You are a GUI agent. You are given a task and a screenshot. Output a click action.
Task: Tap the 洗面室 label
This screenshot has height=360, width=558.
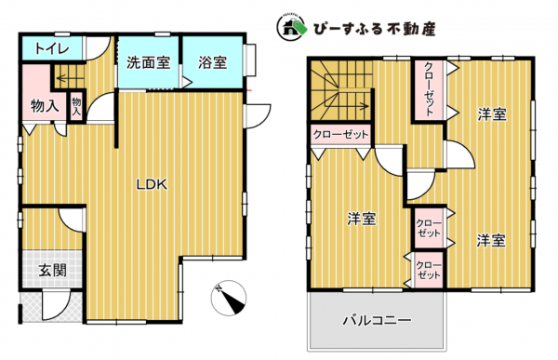(148, 63)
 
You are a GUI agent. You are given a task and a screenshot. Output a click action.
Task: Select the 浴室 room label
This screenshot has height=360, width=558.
(212, 63)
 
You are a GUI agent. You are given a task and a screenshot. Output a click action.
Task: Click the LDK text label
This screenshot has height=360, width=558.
(152, 184)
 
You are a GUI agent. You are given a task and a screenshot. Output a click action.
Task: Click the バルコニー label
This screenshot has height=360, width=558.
(377, 320)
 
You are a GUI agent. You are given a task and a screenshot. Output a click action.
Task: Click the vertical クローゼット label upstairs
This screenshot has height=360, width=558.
(429, 89)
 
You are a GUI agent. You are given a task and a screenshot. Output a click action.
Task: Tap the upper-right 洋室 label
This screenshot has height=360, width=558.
(492, 114)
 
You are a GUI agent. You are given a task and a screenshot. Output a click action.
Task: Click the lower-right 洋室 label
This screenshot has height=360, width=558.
(491, 240)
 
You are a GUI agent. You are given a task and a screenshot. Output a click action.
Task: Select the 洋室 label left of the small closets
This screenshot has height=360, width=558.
(362, 219)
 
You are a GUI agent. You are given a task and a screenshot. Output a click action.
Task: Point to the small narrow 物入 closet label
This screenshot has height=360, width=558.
(76, 105)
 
